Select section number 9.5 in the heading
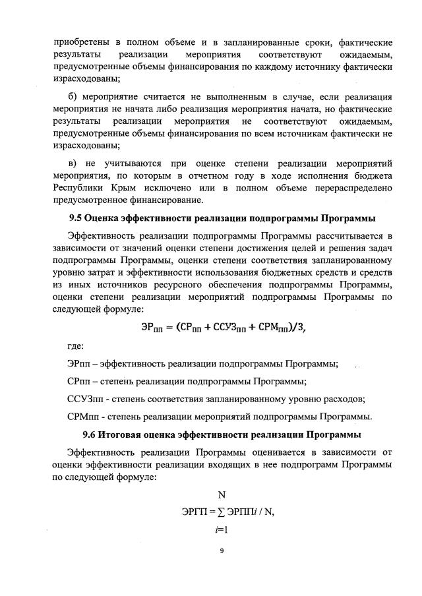click(78, 217)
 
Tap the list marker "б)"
click(73, 97)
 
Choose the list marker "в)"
click(73, 163)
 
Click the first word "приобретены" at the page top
click(82, 42)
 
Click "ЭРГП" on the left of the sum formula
click(196, 512)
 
